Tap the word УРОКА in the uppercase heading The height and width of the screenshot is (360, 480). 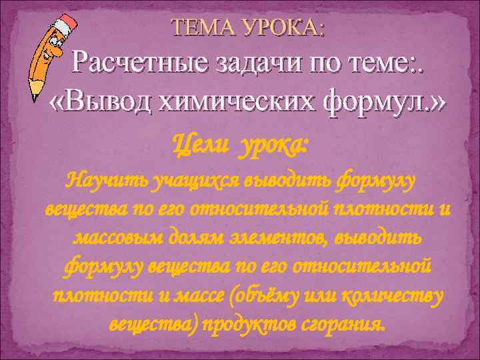(x=287, y=28)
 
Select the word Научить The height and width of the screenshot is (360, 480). (x=107, y=180)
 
